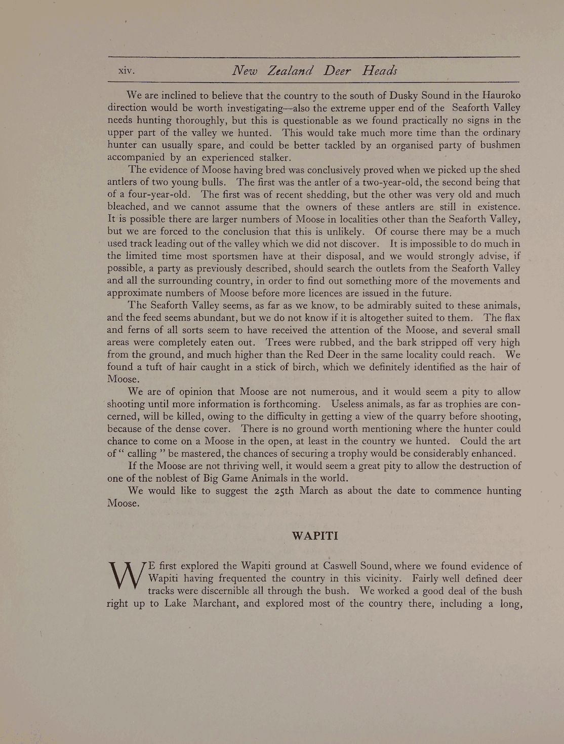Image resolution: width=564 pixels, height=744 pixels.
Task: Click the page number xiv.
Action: [x=126, y=71]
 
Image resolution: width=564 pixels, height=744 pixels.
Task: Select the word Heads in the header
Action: [x=379, y=70]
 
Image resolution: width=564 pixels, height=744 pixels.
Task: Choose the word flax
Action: [x=510, y=318]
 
